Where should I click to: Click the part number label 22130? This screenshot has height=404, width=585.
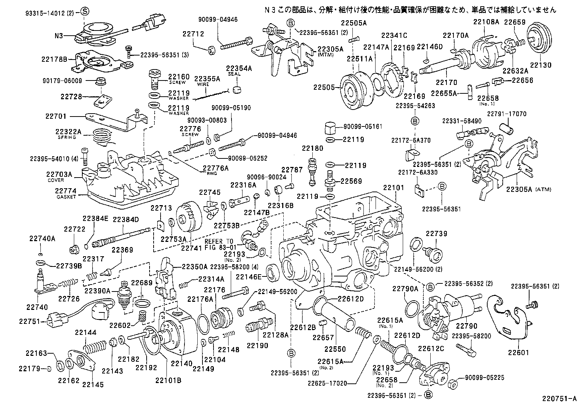pos(541,66)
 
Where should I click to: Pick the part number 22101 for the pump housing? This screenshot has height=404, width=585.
pos(393,187)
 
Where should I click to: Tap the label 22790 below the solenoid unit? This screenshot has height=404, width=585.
pos(466,326)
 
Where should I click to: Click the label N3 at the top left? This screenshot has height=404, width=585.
pos(60,36)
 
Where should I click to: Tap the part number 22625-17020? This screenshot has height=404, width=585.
pos(327,383)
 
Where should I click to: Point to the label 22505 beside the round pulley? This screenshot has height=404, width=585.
pos(323,87)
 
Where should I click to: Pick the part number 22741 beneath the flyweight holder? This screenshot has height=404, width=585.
pos(190,248)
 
